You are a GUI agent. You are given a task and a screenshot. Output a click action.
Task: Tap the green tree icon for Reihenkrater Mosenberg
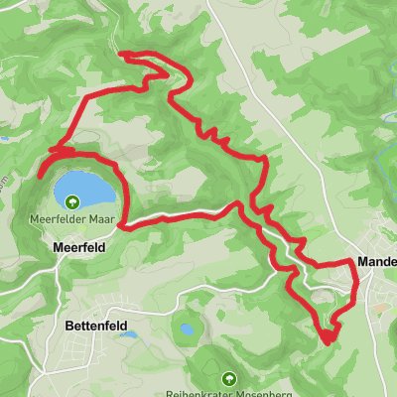point(229,377)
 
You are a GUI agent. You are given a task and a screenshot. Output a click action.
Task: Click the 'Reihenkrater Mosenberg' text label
point(229,392)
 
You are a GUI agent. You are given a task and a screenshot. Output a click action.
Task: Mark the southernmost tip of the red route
point(326,342)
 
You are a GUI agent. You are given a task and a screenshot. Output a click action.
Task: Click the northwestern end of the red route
point(121,54)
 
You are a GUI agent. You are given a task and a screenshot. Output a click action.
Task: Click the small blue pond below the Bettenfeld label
point(126,336)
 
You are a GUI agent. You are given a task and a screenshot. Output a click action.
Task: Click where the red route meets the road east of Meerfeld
point(121,225)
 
